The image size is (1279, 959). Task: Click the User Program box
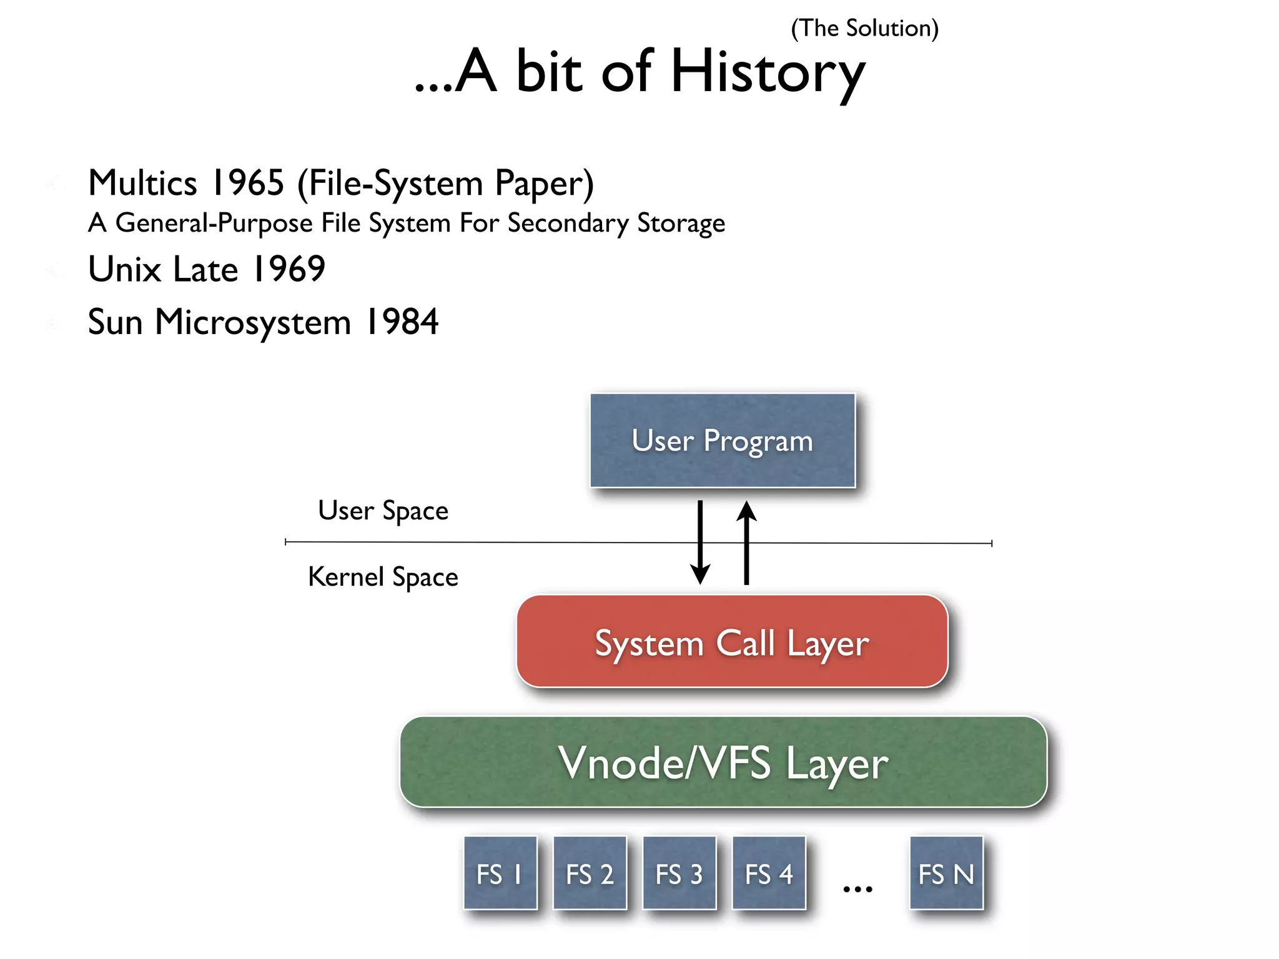click(723, 440)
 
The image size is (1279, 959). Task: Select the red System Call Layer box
click(732, 642)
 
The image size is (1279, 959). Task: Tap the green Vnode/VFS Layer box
click(723, 762)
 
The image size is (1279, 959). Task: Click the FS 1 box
click(500, 873)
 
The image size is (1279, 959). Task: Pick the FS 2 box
click(590, 873)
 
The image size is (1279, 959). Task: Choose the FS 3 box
click(679, 873)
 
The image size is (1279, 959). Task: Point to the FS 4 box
click(769, 873)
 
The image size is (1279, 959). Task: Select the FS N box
click(946, 873)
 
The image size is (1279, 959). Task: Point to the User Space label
click(383, 511)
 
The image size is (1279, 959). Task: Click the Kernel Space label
click(383, 577)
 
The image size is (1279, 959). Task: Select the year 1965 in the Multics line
click(248, 183)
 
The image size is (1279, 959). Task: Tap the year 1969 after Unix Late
click(289, 269)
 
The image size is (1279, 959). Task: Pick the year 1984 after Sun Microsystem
click(402, 322)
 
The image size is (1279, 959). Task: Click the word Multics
click(143, 183)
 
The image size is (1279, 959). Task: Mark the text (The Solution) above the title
click(864, 29)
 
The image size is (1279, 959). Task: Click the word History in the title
click(768, 72)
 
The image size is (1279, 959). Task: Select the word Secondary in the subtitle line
click(568, 224)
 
